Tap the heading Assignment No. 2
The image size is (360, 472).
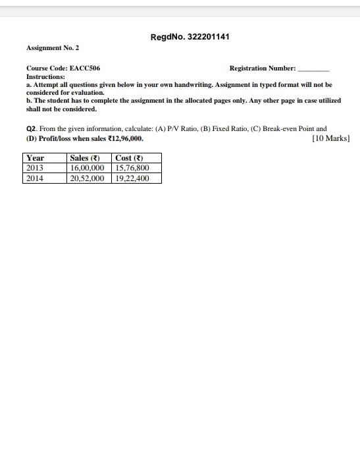click(53, 48)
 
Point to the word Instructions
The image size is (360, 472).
click(45, 77)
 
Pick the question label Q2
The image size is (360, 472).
click(31, 129)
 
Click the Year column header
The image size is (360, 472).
click(35, 158)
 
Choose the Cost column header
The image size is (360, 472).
click(128, 158)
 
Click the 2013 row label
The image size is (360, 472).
click(34, 168)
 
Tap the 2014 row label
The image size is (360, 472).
click(34, 178)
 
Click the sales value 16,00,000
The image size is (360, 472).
click(87, 168)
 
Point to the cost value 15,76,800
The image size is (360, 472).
click(132, 168)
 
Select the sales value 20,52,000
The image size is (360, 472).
click(87, 178)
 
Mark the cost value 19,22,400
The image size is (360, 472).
click(132, 178)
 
